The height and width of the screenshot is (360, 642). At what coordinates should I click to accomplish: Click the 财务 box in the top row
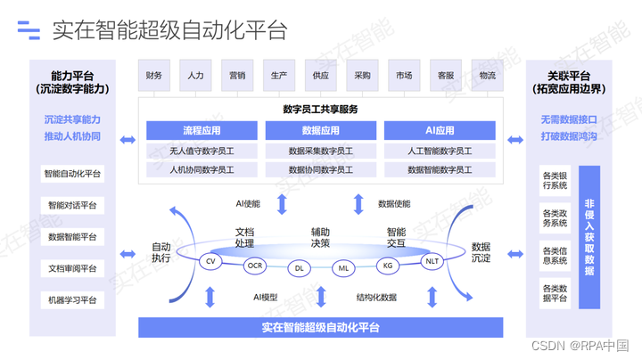pyautogui.click(x=154, y=76)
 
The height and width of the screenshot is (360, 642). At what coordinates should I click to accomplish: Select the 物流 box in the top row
pyautogui.click(x=487, y=76)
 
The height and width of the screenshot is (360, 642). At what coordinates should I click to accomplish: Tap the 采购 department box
pyautogui.click(x=362, y=76)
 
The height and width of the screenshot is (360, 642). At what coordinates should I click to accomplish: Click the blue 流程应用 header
pyautogui.click(x=202, y=131)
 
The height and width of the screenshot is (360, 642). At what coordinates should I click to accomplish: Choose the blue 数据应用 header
pyautogui.click(x=321, y=131)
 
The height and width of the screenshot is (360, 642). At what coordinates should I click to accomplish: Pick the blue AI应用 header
pyautogui.click(x=440, y=131)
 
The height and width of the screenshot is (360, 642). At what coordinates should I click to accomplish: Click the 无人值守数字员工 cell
pyautogui.click(x=202, y=151)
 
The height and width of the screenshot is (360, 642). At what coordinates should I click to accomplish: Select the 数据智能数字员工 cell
pyautogui.click(x=440, y=169)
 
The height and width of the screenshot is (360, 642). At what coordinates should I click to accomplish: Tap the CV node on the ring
pyautogui.click(x=211, y=261)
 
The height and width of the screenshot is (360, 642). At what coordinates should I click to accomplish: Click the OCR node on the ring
pyautogui.click(x=255, y=266)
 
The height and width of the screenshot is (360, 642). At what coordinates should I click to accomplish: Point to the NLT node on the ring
pyautogui.click(x=432, y=261)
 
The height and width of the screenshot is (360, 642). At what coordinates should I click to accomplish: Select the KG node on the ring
pyautogui.click(x=388, y=266)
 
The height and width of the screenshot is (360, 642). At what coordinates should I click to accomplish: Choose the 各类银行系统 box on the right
pyautogui.click(x=555, y=181)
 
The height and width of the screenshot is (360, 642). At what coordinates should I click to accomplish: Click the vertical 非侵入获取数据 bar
pyautogui.click(x=589, y=236)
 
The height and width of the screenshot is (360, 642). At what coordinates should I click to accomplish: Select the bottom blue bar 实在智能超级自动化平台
pyautogui.click(x=321, y=327)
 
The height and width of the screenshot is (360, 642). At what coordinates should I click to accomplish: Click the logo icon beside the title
pyautogui.click(x=29, y=31)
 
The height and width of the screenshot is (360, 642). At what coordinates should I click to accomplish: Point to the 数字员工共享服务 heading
pyautogui.click(x=321, y=110)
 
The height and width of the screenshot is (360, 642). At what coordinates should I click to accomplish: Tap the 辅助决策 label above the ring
pyautogui.click(x=321, y=236)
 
